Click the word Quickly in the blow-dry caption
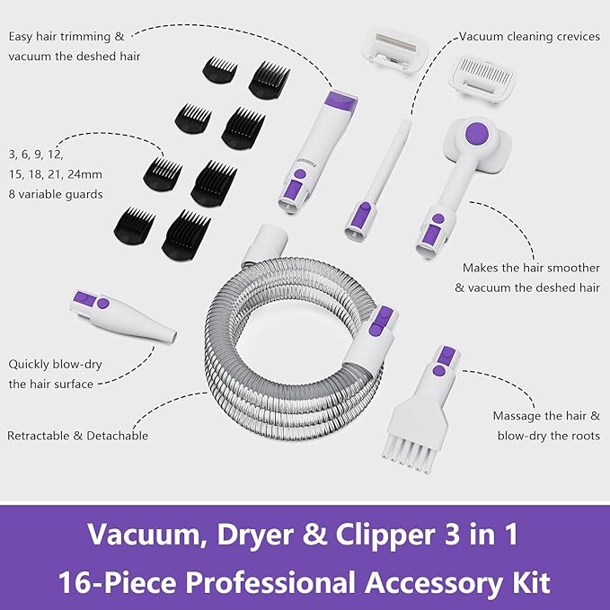pyautogui.click(x=29, y=365)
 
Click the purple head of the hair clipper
pyautogui.click(x=341, y=100)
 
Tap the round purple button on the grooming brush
pyautogui.click(x=477, y=133)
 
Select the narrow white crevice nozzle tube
pyautogui.click(x=377, y=180)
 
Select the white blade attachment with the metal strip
pyautogui.click(x=395, y=51)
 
